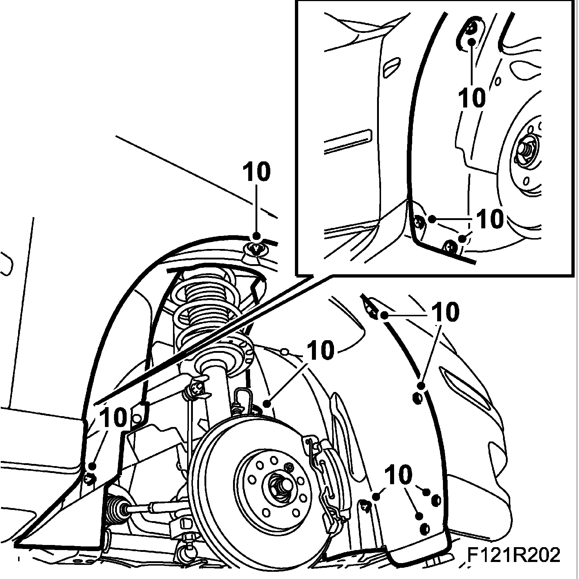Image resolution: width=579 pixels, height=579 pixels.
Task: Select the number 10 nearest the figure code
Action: (x=398, y=475)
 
